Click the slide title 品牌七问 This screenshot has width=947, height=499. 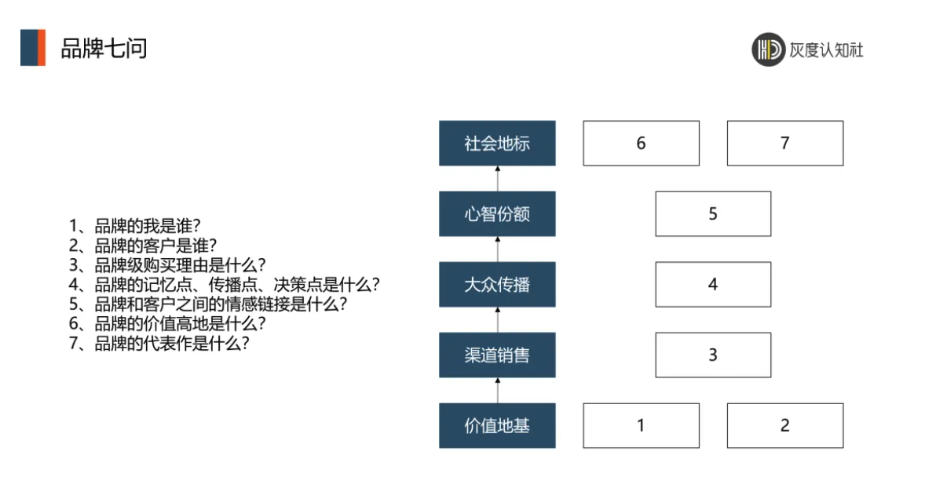104,49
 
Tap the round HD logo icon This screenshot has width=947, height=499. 768,49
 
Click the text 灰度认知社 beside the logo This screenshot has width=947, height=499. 826,50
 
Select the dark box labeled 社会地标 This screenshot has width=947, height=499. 497,144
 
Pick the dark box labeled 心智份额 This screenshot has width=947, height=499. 497,213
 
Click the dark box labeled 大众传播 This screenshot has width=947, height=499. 497,284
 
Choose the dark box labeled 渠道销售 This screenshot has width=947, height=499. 497,355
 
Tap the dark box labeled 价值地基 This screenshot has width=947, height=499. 497,425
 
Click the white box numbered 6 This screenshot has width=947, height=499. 641,144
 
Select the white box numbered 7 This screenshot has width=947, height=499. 785,144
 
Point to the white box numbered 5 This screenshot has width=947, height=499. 713,213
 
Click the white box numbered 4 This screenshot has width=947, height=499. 713,284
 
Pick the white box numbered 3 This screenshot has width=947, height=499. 713,355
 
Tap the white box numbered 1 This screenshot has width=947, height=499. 641,425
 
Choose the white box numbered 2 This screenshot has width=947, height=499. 785,425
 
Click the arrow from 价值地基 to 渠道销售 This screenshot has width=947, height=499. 498,391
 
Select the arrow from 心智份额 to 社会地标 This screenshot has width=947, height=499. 498,179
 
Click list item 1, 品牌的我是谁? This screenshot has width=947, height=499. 134,226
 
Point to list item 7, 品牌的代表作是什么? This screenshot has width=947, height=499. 159,343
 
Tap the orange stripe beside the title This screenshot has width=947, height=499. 42,47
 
